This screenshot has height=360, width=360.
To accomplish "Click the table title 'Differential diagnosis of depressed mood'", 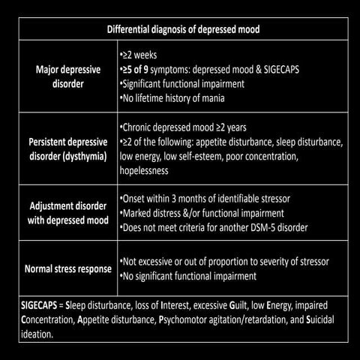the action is tap(179, 30).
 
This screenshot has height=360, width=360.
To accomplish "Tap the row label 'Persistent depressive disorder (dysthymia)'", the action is tap(64, 149).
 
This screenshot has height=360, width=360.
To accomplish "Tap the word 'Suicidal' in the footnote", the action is tap(327, 321).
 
